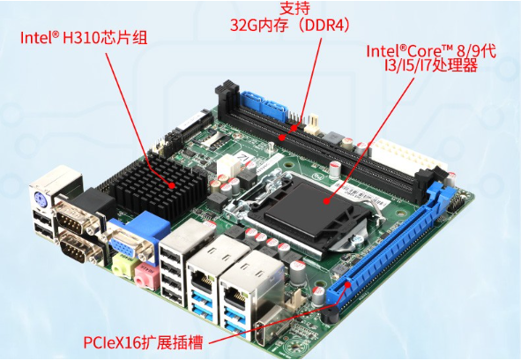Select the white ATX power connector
[405, 158]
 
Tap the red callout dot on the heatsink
[173, 185]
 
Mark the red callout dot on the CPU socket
[327, 201]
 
